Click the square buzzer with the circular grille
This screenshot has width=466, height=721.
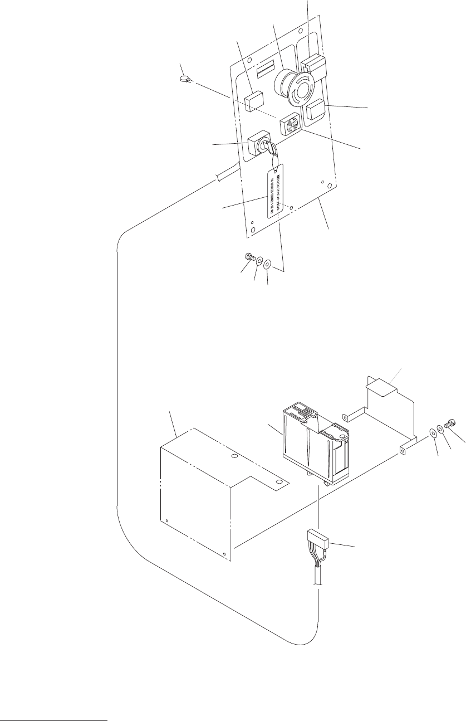(291, 122)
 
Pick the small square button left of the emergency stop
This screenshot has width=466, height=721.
(254, 102)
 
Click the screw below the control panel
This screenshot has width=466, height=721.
(249, 258)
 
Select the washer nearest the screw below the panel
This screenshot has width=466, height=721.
(259, 260)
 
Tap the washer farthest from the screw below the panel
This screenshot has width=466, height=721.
(268, 262)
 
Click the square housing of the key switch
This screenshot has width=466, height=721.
(256, 143)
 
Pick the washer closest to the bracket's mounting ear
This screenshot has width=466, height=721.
(433, 432)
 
